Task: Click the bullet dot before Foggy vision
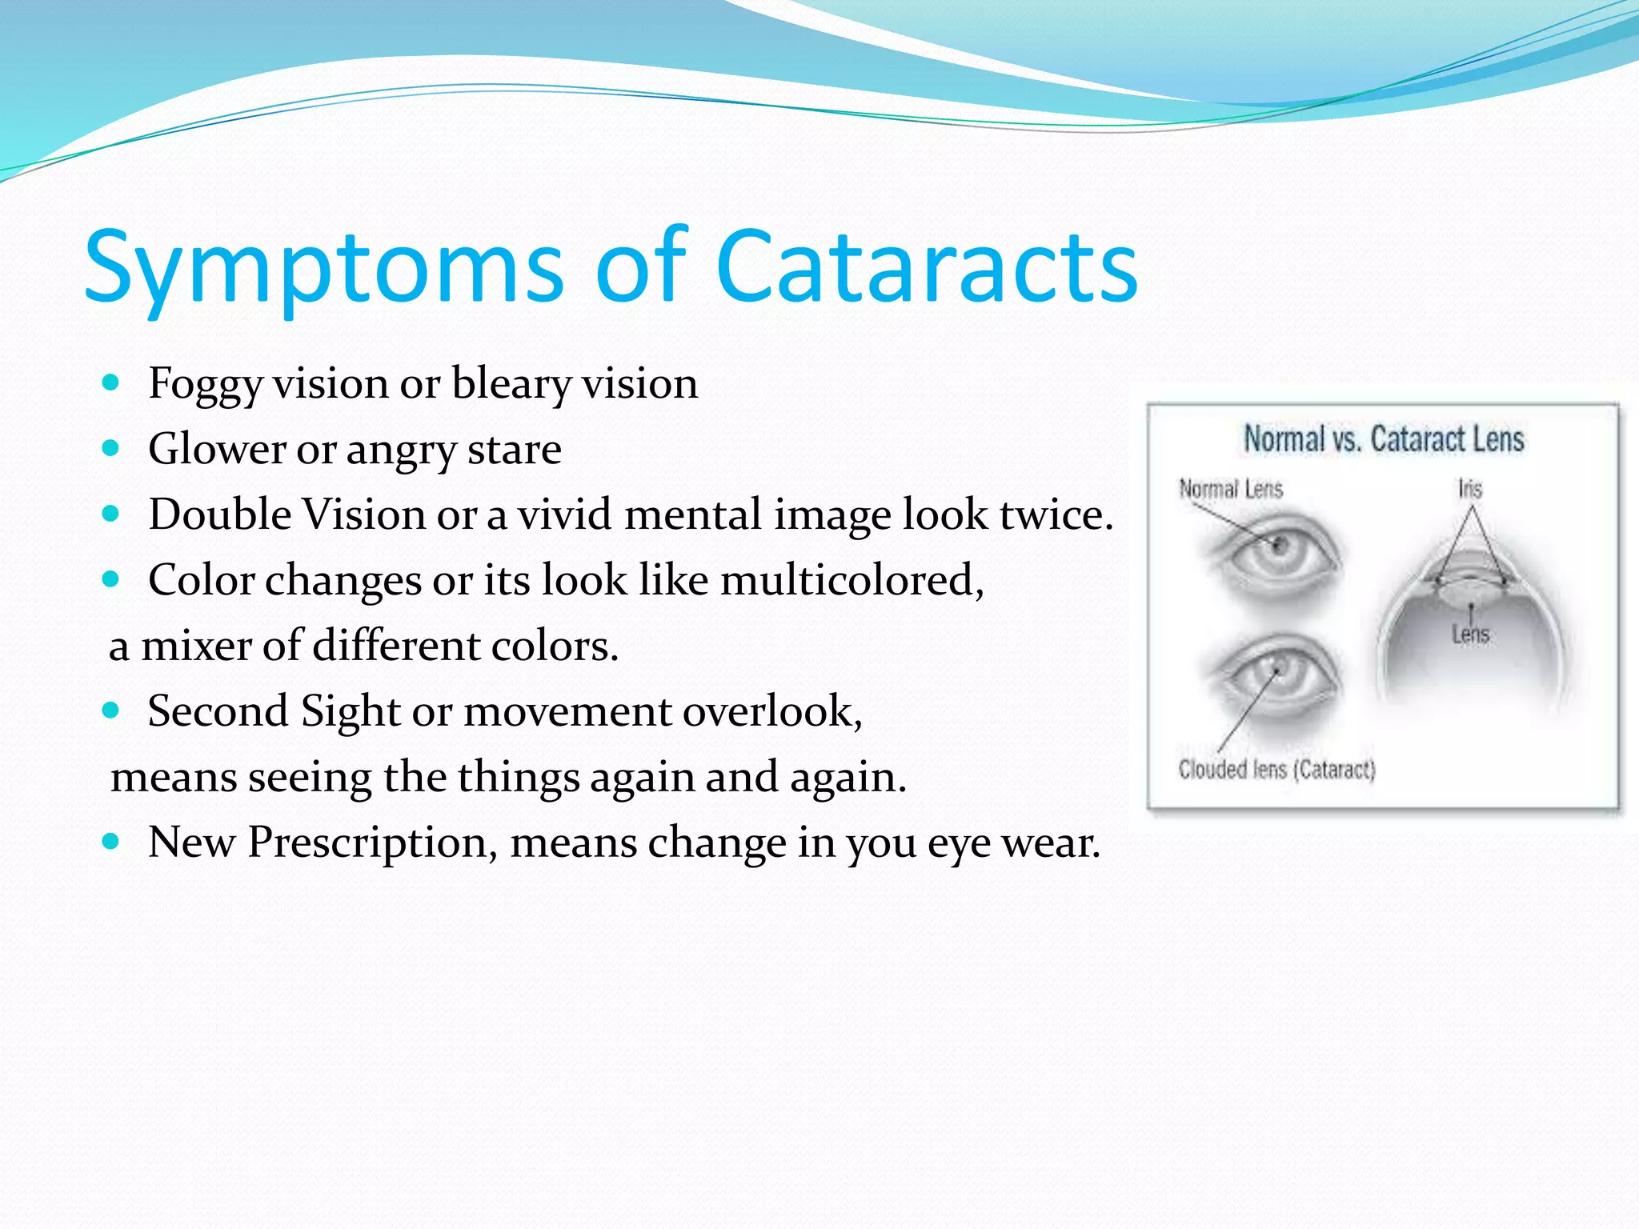click(x=111, y=382)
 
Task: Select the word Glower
click(x=217, y=449)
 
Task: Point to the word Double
click(x=219, y=514)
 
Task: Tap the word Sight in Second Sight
click(x=350, y=711)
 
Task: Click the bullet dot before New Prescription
click(x=111, y=841)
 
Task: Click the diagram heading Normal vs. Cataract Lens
click(x=1383, y=439)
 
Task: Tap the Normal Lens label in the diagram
click(x=1231, y=489)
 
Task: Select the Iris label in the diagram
click(x=1469, y=489)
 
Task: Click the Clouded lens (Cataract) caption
click(x=1276, y=770)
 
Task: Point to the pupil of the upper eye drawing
click(x=1279, y=547)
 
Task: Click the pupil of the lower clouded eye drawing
click(x=1278, y=668)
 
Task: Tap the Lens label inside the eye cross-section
click(x=1470, y=635)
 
